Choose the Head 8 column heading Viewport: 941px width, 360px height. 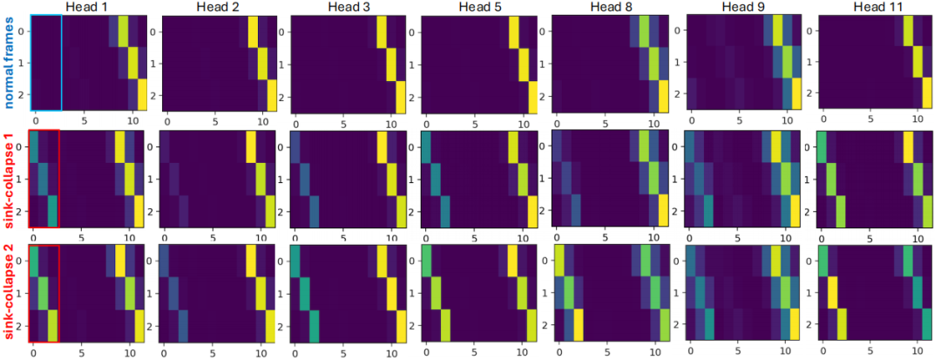(x=609, y=8)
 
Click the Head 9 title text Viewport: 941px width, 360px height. (x=741, y=8)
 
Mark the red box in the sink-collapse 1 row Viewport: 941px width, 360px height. (x=44, y=178)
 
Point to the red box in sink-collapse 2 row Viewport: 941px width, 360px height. (x=44, y=293)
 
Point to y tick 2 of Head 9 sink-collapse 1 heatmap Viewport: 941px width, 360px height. (x=680, y=213)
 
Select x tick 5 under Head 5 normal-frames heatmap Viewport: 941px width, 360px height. (x=474, y=124)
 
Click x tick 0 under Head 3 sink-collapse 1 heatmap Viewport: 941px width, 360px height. (x=295, y=238)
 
